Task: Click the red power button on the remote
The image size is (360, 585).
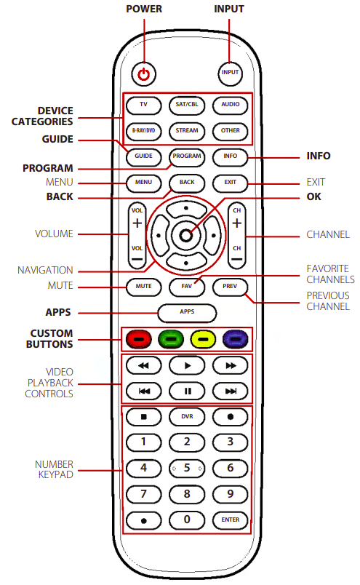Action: pos(144,73)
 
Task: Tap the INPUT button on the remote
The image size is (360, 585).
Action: pos(230,73)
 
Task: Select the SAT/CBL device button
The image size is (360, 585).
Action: pos(187,105)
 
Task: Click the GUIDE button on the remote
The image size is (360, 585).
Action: pos(143,156)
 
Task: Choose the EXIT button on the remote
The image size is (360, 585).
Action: pos(231,182)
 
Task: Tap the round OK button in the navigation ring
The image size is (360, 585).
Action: pos(187,235)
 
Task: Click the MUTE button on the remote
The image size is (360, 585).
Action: pos(143,287)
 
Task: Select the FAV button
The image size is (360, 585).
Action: pos(187,287)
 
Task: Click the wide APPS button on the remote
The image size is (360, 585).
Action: pos(187,313)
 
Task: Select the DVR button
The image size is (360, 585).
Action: pos(187,417)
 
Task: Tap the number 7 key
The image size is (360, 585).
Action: pos(143,494)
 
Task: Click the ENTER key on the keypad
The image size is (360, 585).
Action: pos(231,520)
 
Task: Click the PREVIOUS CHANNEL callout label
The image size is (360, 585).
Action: pos(327,301)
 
